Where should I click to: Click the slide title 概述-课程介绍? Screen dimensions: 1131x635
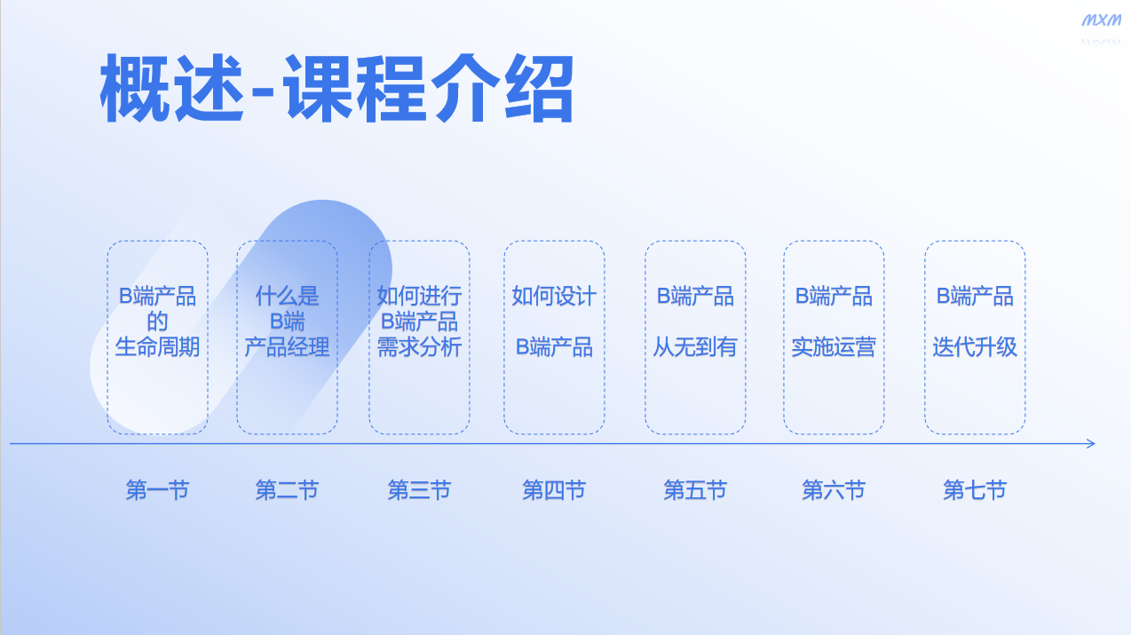[x=336, y=89]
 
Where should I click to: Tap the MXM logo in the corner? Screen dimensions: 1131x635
[x=1101, y=20]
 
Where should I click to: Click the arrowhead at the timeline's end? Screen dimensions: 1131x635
[x=1090, y=443]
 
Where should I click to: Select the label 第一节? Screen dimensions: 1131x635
[x=157, y=490]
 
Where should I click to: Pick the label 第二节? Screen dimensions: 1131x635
[x=287, y=490]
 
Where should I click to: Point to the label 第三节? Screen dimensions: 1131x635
[x=419, y=490]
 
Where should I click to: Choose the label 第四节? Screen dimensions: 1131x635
[x=554, y=490]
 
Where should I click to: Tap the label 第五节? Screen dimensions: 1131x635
[x=695, y=490]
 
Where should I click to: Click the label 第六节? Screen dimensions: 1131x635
[x=834, y=490]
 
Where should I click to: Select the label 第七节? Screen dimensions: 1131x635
[x=975, y=490]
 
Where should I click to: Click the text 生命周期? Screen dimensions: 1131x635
[x=157, y=347]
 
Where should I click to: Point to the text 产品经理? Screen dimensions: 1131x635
[x=287, y=347]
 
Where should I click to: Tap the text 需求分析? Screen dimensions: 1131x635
[x=419, y=347]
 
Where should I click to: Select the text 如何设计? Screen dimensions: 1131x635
[x=554, y=296]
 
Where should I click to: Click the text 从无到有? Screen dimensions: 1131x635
[x=695, y=347]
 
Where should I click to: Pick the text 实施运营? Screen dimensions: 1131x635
[x=834, y=347]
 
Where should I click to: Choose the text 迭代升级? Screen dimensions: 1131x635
[x=975, y=347]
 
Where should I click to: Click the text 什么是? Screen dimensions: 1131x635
[x=287, y=296]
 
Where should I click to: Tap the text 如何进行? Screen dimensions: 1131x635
[x=419, y=296]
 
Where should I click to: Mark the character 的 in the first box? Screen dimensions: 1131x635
[x=157, y=321]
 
